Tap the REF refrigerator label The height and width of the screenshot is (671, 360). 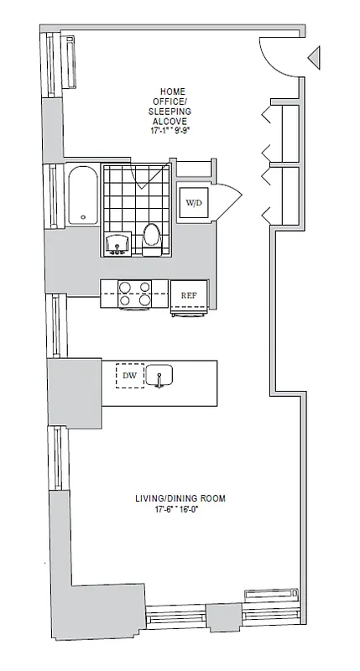(x=189, y=294)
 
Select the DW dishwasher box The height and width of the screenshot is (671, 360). (x=129, y=376)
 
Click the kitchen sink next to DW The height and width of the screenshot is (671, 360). (x=159, y=376)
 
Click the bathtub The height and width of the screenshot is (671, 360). (x=82, y=196)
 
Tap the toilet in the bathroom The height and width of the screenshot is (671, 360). (x=152, y=237)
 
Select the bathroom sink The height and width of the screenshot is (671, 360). (x=116, y=243)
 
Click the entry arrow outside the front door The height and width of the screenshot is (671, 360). (x=314, y=58)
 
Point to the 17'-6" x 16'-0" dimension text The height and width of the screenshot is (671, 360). (x=180, y=509)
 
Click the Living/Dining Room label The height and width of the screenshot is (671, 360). (x=180, y=498)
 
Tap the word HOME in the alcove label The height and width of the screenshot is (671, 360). (x=175, y=91)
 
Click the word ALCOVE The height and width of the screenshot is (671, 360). (x=175, y=120)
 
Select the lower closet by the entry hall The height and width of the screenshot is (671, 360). (x=284, y=197)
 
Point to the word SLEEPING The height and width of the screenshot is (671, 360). (x=175, y=111)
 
